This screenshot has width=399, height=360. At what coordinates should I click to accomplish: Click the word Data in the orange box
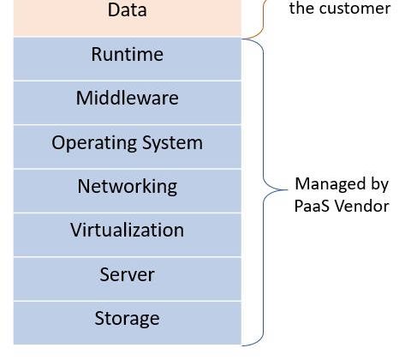coord(128,9)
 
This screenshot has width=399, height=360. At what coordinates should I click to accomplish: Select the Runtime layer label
coord(128,54)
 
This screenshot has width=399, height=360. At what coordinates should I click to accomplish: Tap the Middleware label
coord(128,98)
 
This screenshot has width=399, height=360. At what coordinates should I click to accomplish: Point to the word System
coord(172,143)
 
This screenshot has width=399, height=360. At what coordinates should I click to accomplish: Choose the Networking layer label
coord(128,187)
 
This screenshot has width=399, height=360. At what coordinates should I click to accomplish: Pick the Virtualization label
coord(128,230)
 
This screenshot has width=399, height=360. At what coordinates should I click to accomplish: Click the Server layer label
coord(128,274)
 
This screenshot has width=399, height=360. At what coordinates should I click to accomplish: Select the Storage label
coord(128,319)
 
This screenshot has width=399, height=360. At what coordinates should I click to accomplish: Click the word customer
coord(354,8)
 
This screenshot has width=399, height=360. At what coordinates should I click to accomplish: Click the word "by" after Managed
coord(379,185)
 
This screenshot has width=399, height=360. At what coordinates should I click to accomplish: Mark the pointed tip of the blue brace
coord(287,189)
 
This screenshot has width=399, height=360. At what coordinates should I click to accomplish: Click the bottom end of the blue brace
coord(242,345)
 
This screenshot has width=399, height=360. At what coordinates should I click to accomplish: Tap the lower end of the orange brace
coord(242,38)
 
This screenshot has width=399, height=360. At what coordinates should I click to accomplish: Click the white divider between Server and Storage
coord(128,301)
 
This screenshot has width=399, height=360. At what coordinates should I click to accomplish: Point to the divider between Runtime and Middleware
coord(128,81)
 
